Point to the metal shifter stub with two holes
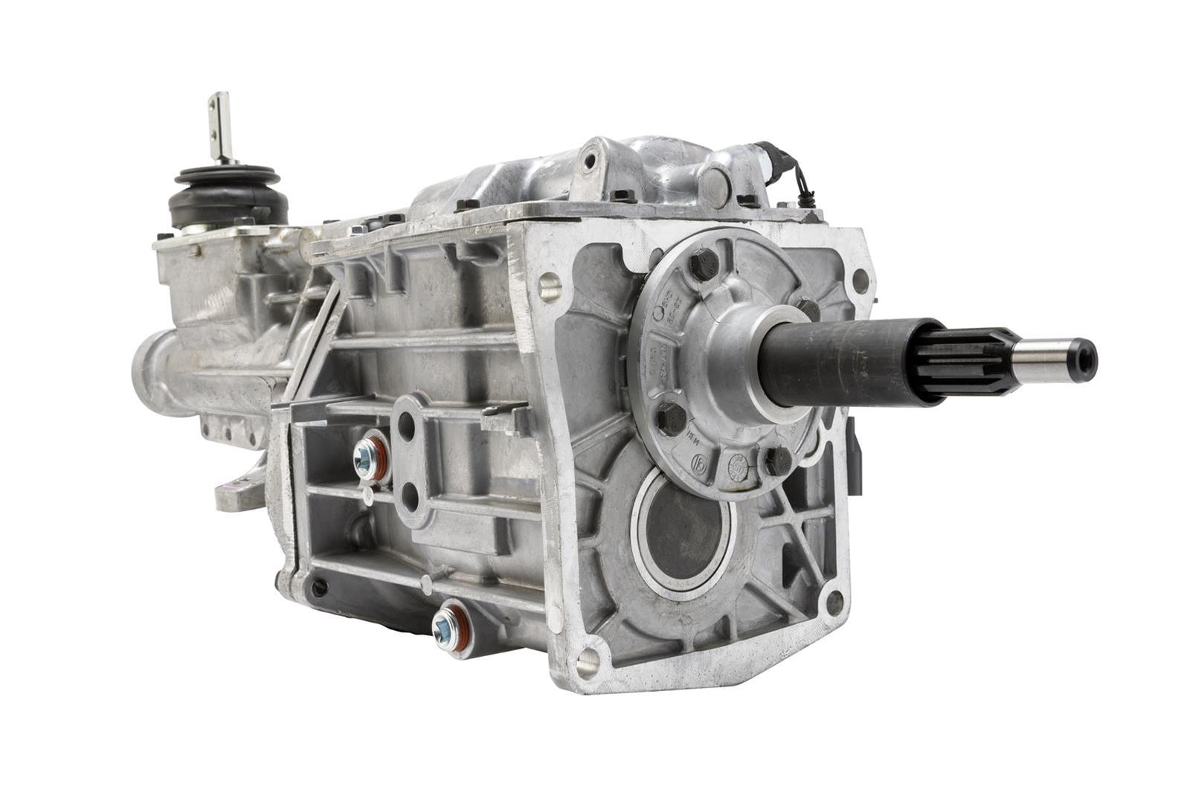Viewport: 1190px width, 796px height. pyautogui.click(x=220, y=126)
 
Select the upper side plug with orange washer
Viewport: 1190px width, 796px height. pyautogui.click(x=370, y=458)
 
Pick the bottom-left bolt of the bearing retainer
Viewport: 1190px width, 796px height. pyautogui.click(x=672, y=418)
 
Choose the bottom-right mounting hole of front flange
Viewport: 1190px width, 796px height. pyautogui.click(x=835, y=601)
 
